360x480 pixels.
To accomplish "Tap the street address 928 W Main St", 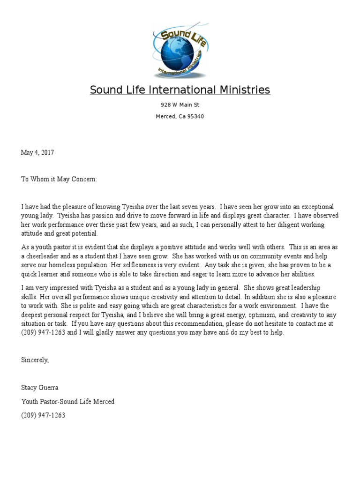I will click(x=180, y=105).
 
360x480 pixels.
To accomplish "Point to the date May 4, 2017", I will click(x=37, y=152).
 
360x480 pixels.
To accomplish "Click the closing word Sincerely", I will click(x=35, y=360).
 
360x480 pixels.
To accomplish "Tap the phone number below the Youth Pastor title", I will click(x=43, y=415).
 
